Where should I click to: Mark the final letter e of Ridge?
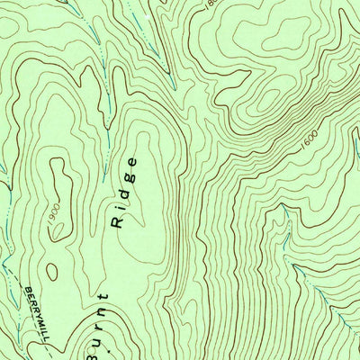coord(132,162)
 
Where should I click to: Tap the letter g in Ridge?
coord(129,177)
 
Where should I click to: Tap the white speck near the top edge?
coord(144,16)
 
